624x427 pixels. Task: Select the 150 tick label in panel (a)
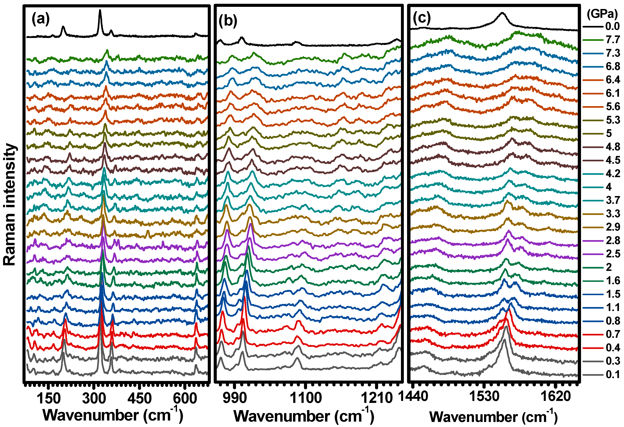pyautogui.click(x=49, y=398)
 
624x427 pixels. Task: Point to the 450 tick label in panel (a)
pyautogui.click(x=139, y=398)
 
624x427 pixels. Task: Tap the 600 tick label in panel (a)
pyautogui.click(x=185, y=398)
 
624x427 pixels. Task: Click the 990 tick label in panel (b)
pyautogui.click(x=235, y=398)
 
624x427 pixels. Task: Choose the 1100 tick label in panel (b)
pyautogui.click(x=306, y=398)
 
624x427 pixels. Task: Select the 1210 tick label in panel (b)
pyautogui.click(x=377, y=398)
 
